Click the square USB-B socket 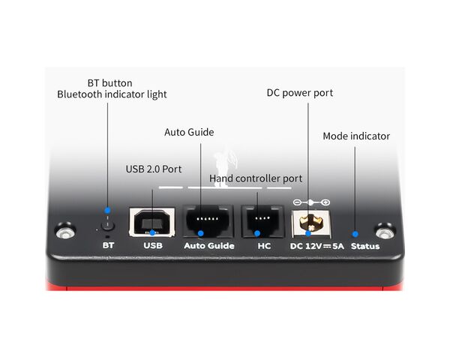151,222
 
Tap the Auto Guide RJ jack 208,221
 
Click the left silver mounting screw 66,231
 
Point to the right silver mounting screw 385,231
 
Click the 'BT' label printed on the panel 108,245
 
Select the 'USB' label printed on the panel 153,245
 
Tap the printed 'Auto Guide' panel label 209,246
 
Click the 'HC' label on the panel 264,246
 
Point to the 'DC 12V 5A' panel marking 316,246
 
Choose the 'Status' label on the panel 365,246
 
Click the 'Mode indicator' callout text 356,136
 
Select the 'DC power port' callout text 300,93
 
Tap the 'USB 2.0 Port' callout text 154,169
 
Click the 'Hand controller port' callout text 256,178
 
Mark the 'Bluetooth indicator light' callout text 112,94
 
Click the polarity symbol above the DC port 311,202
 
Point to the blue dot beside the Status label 355,234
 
